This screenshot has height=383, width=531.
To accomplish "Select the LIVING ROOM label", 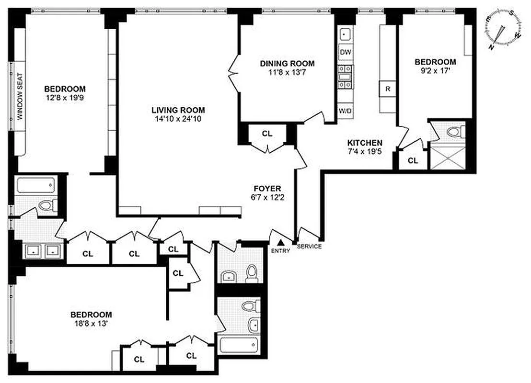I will pyautogui.click(x=179, y=110).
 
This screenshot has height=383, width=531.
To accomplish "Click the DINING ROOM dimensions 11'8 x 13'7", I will pyautogui.click(x=287, y=72).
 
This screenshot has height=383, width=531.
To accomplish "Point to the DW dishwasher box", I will pyautogui.click(x=345, y=52).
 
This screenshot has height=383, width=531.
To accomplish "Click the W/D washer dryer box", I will pyautogui.click(x=345, y=111).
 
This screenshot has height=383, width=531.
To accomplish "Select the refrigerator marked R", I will pyautogui.click(x=387, y=89).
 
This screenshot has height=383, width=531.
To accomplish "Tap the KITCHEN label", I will pyautogui.click(x=365, y=143).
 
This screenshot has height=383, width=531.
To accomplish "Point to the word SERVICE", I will pyautogui.click(x=309, y=247).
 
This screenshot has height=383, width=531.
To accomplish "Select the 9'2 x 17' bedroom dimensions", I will pyautogui.click(x=435, y=70).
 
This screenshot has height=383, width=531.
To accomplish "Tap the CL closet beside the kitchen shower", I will pyautogui.click(x=413, y=161).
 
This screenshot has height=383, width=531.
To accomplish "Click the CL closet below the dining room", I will pyautogui.click(x=267, y=134).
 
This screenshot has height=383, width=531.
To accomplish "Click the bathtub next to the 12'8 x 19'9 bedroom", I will pyautogui.click(x=36, y=185).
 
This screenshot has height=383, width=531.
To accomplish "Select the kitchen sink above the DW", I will pyautogui.click(x=345, y=34).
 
